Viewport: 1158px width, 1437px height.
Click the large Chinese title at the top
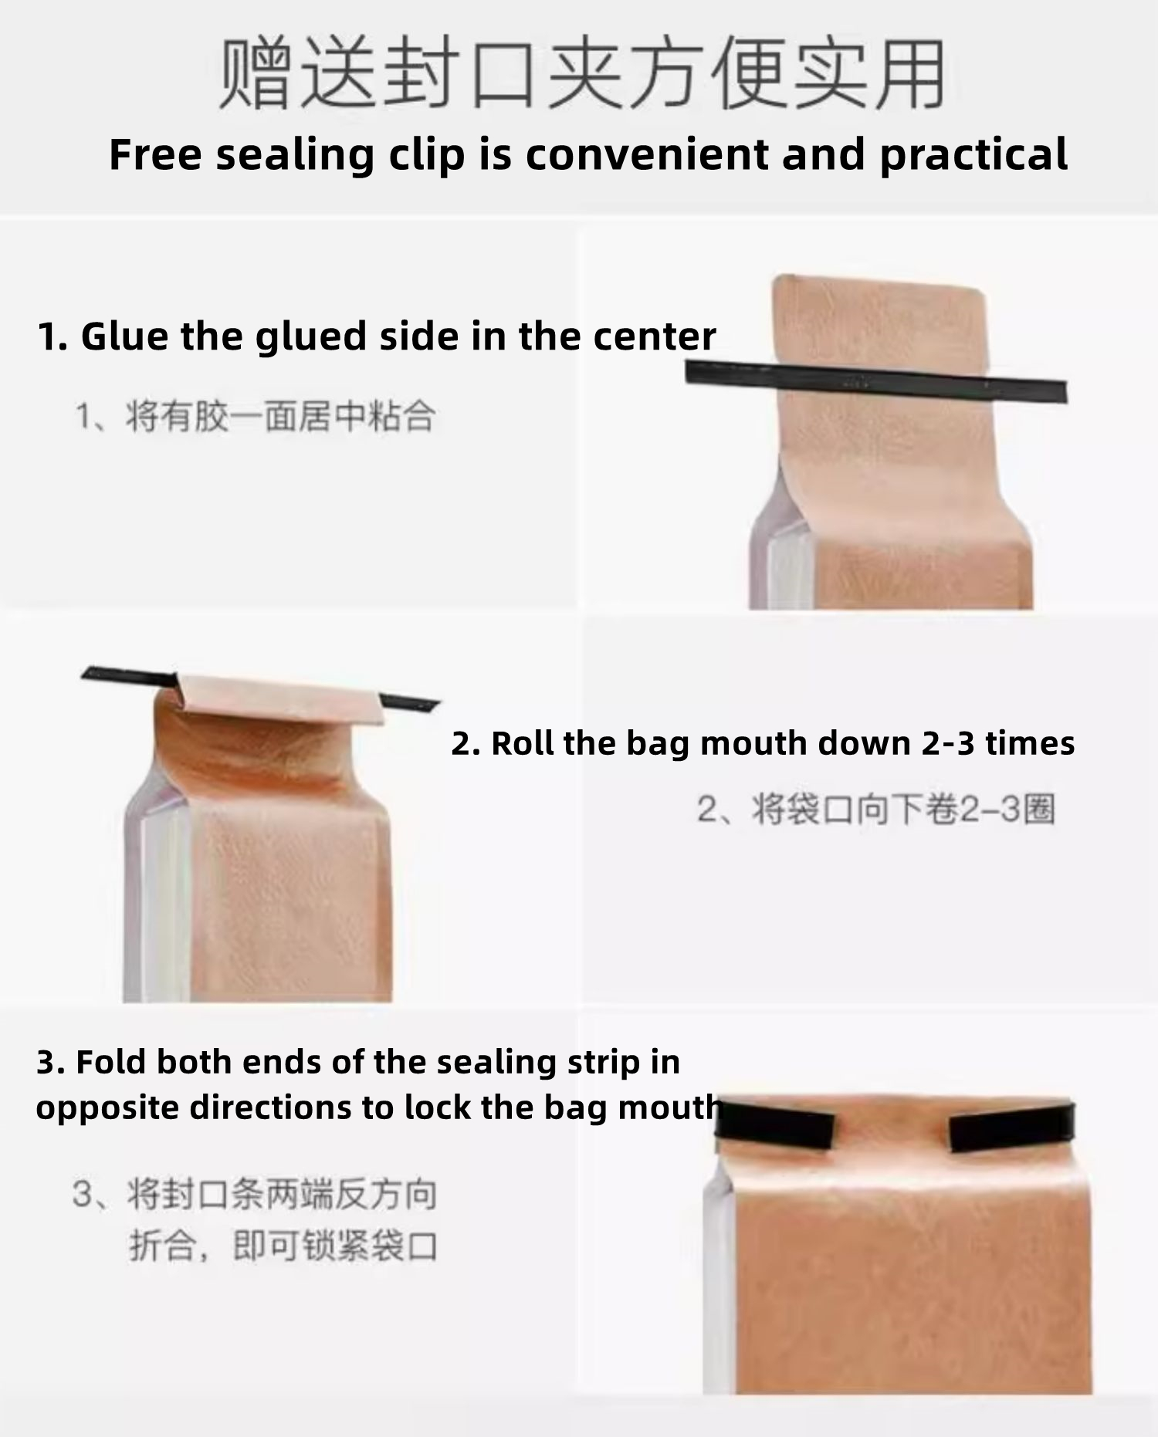click(x=583, y=75)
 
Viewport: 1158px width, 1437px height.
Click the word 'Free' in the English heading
click(x=154, y=154)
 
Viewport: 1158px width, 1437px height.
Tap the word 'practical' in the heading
click(x=973, y=156)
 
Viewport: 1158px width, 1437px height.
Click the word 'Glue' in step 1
click(x=124, y=336)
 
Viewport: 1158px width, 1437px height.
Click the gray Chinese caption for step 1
click(x=255, y=417)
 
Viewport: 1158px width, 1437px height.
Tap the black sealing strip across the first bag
click(x=876, y=381)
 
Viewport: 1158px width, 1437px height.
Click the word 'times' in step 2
click(x=1030, y=744)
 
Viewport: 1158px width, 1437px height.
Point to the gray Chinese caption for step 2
click(x=875, y=810)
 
